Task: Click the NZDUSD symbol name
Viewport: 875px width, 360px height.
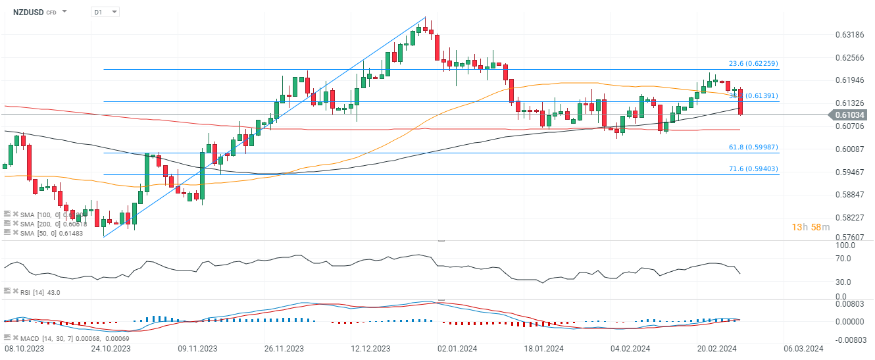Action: pyautogui.click(x=28, y=12)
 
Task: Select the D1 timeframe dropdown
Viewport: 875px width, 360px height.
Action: pyautogui.click(x=105, y=12)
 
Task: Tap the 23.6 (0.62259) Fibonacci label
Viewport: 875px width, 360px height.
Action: pyautogui.click(x=754, y=63)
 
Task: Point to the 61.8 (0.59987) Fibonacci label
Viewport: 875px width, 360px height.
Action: pyautogui.click(x=754, y=147)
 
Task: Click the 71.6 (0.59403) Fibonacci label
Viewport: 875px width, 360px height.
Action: pyautogui.click(x=754, y=169)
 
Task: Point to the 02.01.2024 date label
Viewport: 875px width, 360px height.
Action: pyautogui.click(x=458, y=348)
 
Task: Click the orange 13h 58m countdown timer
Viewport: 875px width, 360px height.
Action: pyautogui.click(x=811, y=227)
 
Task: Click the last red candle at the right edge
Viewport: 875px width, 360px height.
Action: pyautogui.click(x=741, y=102)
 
